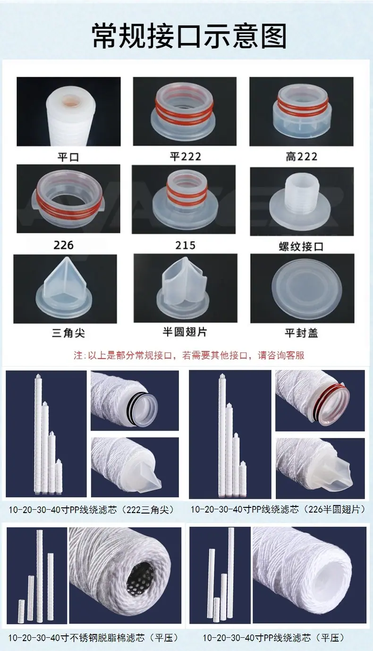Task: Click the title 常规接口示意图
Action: click(189, 36)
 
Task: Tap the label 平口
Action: click(68, 157)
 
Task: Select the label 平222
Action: click(186, 157)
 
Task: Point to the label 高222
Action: click(301, 157)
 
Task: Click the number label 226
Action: click(63, 245)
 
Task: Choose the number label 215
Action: click(185, 245)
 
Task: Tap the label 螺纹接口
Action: click(301, 247)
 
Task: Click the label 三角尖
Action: click(68, 333)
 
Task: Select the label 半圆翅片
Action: click(185, 332)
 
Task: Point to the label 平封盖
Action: click(301, 333)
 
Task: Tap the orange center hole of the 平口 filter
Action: click(75, 103)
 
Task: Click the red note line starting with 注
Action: click(189, 355)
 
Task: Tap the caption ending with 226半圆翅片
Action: click(278, 509)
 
